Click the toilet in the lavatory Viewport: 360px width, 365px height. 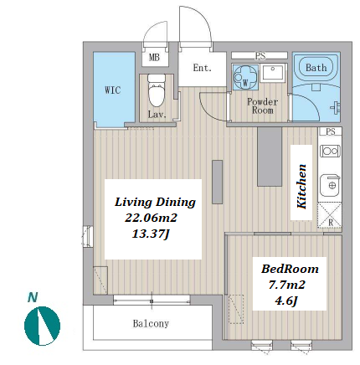tap(156, 90)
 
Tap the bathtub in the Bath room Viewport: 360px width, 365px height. tap(316, 67)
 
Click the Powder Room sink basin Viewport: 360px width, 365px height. tap(273, 73)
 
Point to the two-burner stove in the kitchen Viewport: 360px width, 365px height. tap(330, 151)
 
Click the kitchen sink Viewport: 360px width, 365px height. tap(330, 185)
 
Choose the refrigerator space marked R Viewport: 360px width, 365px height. tap(330, 215)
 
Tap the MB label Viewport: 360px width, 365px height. tap(154, 58)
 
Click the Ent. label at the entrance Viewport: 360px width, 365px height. tap(203, 68)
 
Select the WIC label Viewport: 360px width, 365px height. tap(113, 90)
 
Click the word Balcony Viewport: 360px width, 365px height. tap(151, 323)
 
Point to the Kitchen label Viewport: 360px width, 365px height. tap(301, 187)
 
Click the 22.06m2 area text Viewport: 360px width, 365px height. tap(151, 218)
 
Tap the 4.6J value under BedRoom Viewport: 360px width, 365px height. tap(286, 301)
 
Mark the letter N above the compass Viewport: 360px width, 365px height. tap(33, 297)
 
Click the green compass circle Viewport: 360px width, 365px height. tap(43, 326)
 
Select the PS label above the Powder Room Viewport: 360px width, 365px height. tap(260, 56)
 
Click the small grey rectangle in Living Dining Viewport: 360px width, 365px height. tap(217, 182)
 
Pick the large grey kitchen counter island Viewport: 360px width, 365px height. tap(270, 157)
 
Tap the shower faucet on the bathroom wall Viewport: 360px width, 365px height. tap(336, 107)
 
